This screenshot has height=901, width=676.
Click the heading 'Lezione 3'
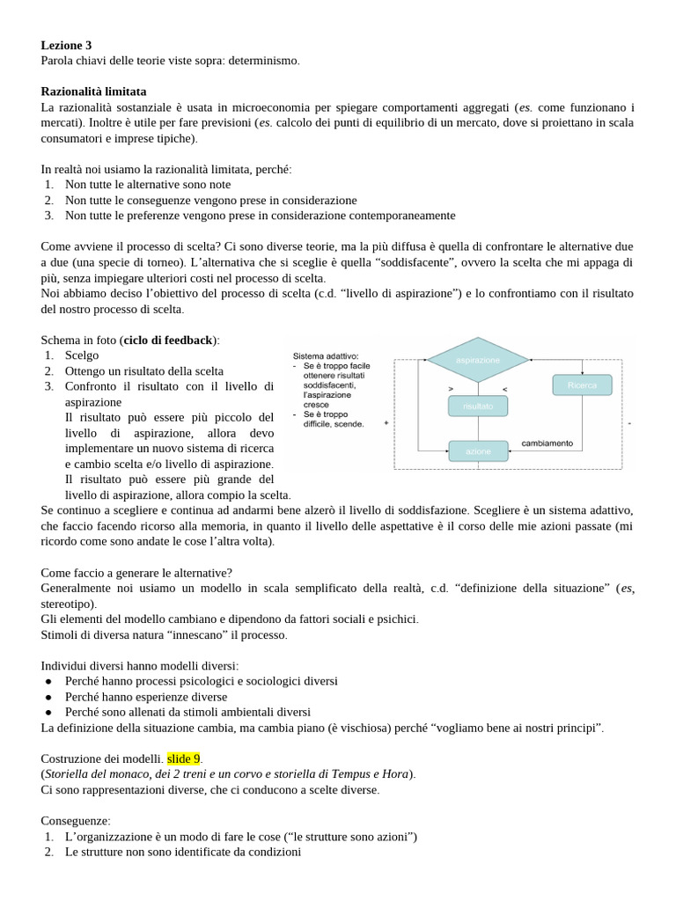pos(66,45)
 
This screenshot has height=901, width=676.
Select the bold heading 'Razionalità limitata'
pos(93,92)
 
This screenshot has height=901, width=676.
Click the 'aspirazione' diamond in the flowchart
pos(478,360)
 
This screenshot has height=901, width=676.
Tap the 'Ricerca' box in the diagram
pos(582,385)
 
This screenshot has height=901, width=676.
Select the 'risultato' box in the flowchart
pos(477,406)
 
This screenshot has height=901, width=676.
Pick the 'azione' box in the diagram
pos(478,451)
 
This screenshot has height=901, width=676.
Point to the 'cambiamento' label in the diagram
pos(547,443)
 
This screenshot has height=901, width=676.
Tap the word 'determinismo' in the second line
pos(263,61)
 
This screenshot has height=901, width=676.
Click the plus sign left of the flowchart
pos(386,423)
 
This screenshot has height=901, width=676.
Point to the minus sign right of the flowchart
pos(630,423)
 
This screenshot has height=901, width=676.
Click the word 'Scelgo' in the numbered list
pos(82,355)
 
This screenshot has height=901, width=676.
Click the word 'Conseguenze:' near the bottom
pos(76,821)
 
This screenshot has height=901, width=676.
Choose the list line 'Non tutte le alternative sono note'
pos(148,185)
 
